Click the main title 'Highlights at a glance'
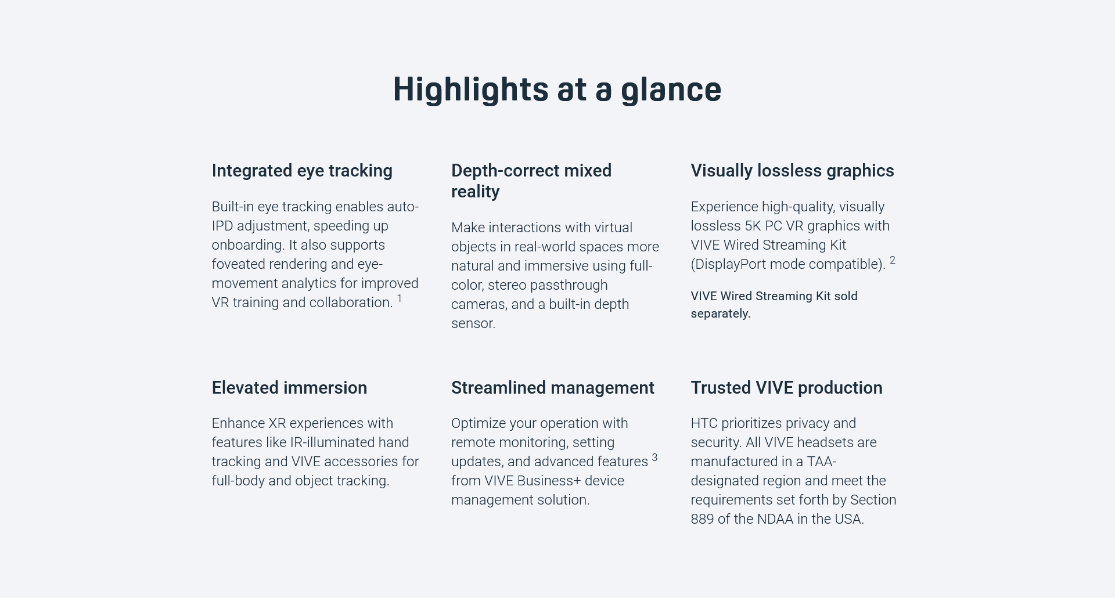(557, 90)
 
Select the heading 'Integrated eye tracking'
(302, 171)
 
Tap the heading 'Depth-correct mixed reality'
(531, 181)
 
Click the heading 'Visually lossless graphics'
(792, 171)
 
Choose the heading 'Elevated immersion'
(289, 388)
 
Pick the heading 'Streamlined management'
(553, 388)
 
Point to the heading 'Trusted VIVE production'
(786, 388)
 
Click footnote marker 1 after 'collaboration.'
(400, 298)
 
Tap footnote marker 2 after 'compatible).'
(893, 260)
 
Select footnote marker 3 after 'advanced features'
(654, 457)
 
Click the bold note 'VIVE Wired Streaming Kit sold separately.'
(774, 305)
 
